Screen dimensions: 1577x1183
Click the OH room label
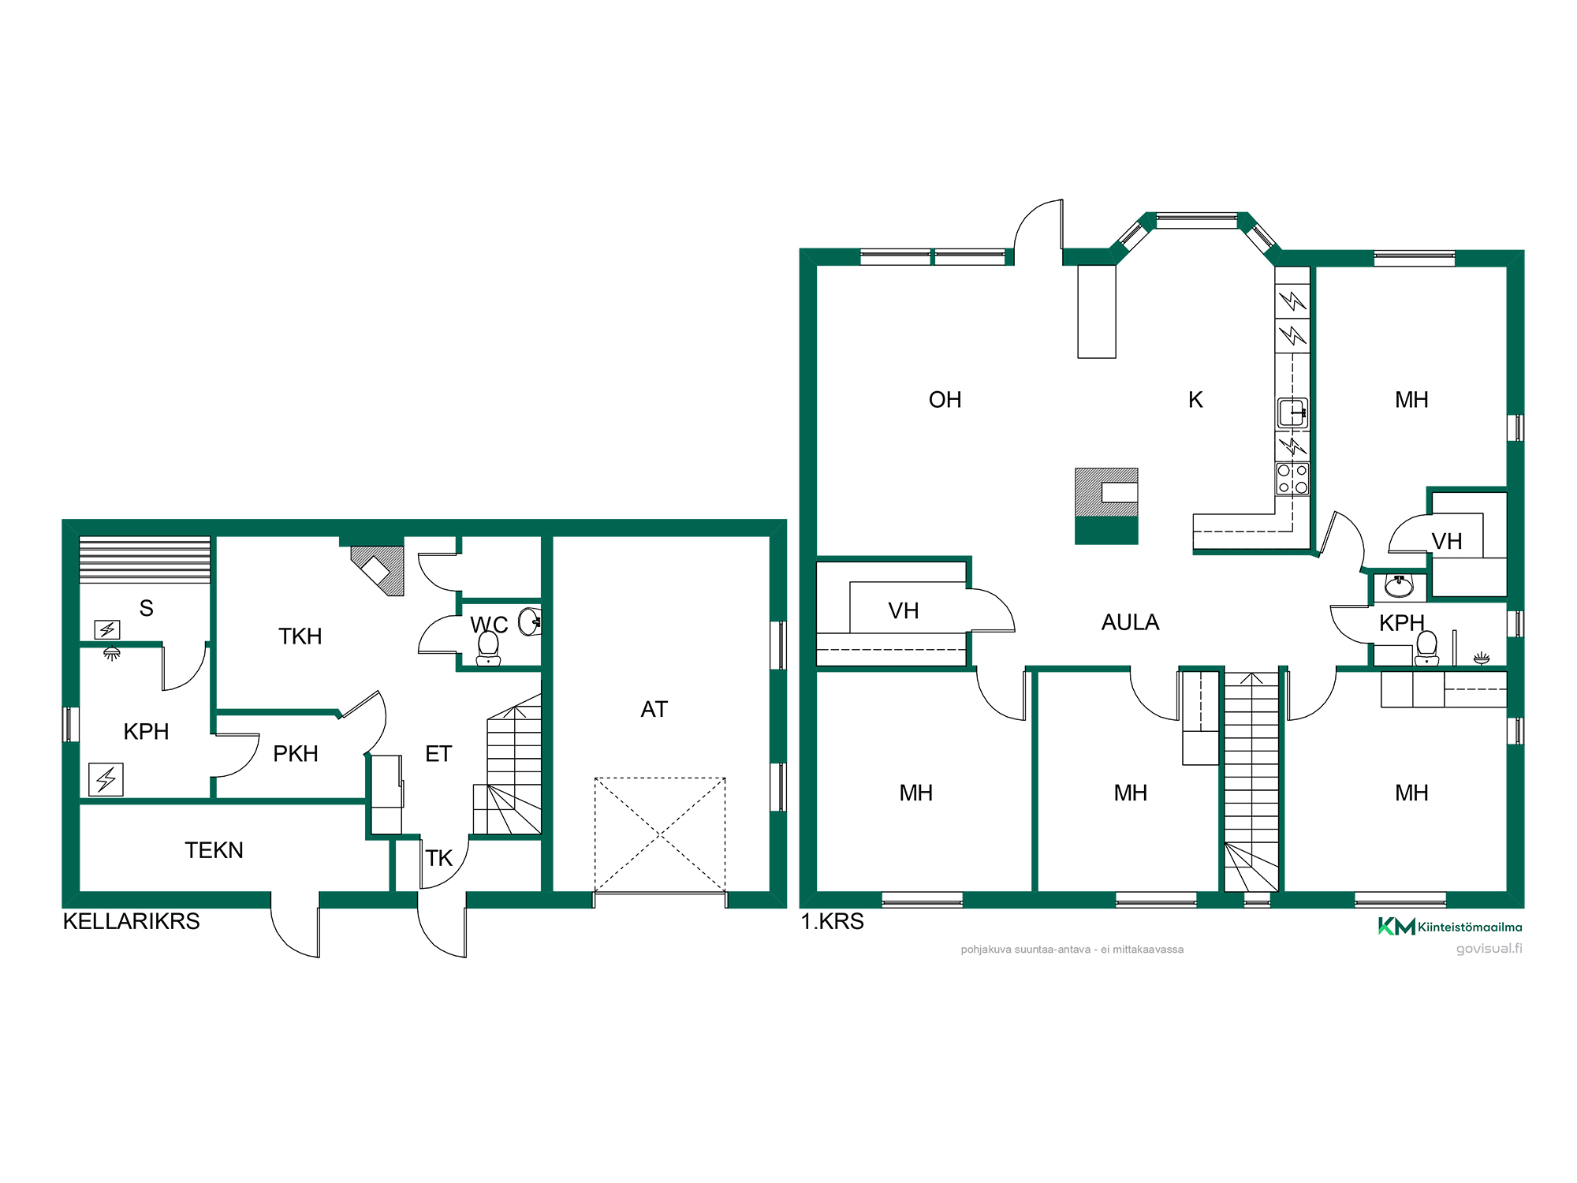tap(945, 400)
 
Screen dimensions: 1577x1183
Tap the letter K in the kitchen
tap(1195, 400)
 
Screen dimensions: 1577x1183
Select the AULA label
tap(1130, 622)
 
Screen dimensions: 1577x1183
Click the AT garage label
tap(654, 709)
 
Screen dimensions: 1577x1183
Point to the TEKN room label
tap(214, 850)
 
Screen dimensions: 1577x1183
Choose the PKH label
tap(296, 754)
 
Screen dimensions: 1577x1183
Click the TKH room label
tap(300, 636)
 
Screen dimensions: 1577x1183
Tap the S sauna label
tap(146, 608)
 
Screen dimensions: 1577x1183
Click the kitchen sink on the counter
tap(1292, 412)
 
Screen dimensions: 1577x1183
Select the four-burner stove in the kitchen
tap(1292, 479)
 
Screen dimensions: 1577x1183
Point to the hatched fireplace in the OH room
tap(1106, 506)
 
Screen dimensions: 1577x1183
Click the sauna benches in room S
tap(145, 560)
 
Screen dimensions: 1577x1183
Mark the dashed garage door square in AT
tap(660, 835)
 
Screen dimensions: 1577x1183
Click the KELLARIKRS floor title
tap(131, 921)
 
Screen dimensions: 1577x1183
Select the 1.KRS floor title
tap(832, 921)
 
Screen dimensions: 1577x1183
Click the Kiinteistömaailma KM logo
tap(1449, 927)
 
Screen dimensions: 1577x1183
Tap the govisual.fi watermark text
tap(1489, 949)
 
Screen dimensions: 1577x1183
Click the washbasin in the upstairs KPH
tap(1400, 587)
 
